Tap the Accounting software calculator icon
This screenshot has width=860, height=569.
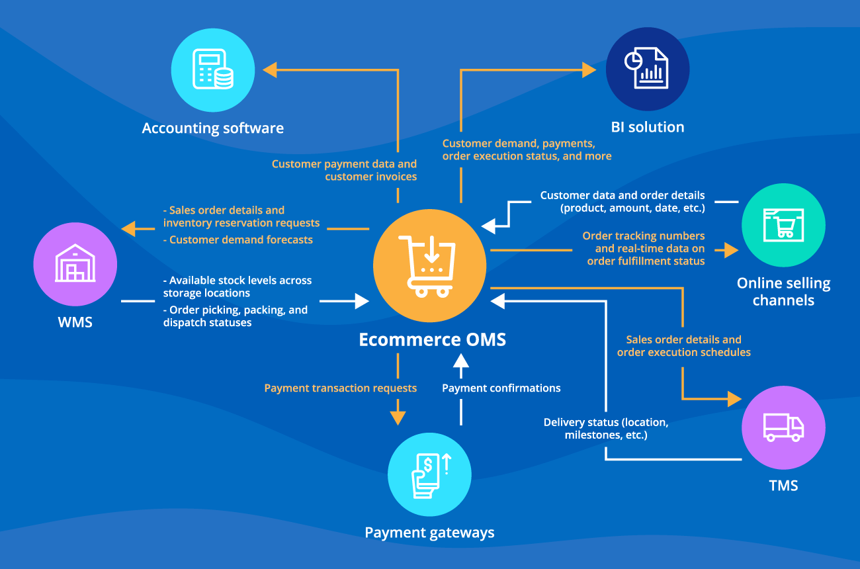[213, 69]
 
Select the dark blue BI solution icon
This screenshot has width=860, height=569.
[647, 69]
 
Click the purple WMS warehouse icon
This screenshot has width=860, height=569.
[75, 264]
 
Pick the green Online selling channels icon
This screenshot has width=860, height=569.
[783, 225]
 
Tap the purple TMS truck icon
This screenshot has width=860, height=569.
[783, 427]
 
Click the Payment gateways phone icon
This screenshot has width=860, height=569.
[429, 474]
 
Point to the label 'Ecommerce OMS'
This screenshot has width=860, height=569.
[432, 340]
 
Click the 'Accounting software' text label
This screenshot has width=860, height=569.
[213, 128]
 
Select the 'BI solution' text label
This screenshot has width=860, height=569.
[647, 127]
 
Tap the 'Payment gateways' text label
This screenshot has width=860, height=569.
[429, 533]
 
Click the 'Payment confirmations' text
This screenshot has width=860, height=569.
[501, 388]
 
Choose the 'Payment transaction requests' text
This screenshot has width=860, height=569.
[340, 388]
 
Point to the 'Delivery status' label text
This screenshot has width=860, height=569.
[605, 422]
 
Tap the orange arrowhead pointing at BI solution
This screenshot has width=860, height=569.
[589, 69]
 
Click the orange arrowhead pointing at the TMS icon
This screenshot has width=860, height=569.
[734, 399]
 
